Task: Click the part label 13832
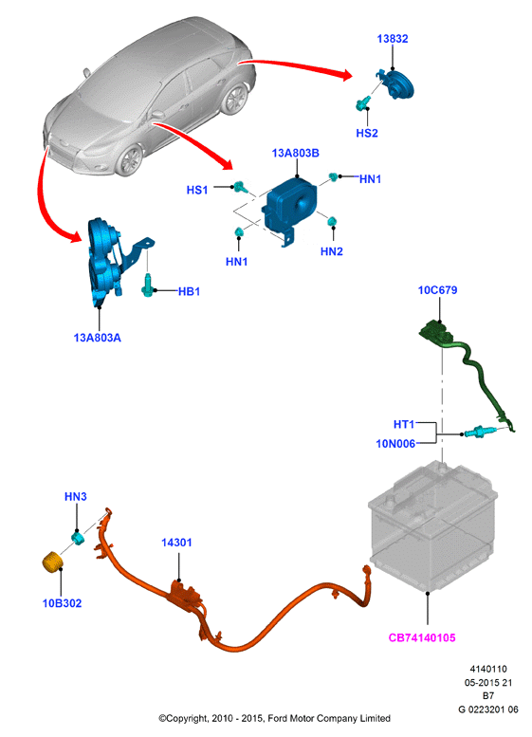[393, 39]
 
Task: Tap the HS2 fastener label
[367, 133]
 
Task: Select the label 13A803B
[295, 153]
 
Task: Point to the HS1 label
[197, 190]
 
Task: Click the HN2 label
[332, 251]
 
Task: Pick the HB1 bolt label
[189, 291]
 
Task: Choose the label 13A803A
[98, 338]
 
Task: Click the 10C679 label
[437, 290]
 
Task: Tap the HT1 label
[404, 424]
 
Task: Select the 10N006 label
[395, 443]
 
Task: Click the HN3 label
[76, 496]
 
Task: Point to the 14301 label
[176, 543]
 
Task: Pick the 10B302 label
[62, 603]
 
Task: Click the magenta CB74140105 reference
[422, 637]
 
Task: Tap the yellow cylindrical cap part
[53, 562]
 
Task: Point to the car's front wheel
[130, 160]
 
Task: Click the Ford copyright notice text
[274, 718]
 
